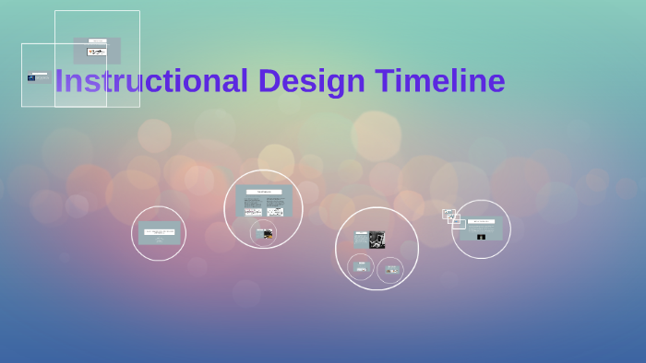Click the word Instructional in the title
click(151, 82)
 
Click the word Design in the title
click(312, 82)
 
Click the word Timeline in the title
click(440, 82)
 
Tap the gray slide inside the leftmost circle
click(159, 234)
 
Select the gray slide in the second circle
click(263, 201)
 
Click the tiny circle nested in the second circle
click(264, 234)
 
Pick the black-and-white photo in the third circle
click(377, 239)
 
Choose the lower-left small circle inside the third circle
click(361, 267)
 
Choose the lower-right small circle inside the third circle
click(391, 269)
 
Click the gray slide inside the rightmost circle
click(482, 228)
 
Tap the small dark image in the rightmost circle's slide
click(481, 237)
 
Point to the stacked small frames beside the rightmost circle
click(452, 217)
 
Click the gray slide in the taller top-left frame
click(97, 51)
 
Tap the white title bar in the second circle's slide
click(263, 191)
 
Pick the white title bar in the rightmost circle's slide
click(482, 221)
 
